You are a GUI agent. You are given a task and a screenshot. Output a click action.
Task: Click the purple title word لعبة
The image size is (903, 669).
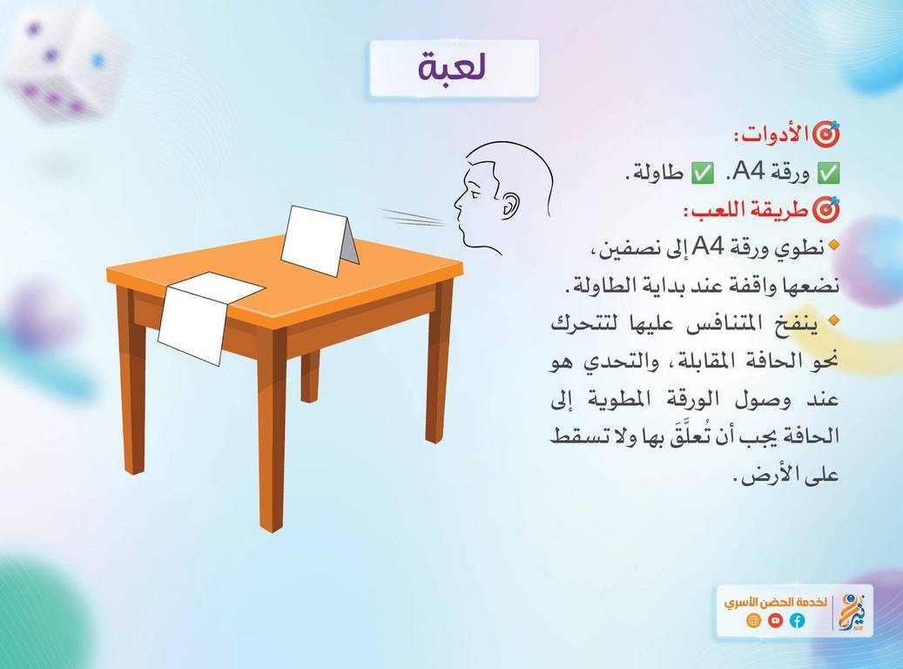453,67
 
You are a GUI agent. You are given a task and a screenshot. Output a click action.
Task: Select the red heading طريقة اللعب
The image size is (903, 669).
746,211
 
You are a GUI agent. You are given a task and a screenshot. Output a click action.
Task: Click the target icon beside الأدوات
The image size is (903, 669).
826,133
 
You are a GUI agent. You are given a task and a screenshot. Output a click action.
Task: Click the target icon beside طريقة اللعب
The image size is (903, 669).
826,211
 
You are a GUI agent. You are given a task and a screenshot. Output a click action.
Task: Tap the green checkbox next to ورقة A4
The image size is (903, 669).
829,172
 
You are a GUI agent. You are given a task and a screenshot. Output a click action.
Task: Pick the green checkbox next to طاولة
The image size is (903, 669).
702,172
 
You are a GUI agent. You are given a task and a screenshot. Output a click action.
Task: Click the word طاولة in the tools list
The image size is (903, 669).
657,172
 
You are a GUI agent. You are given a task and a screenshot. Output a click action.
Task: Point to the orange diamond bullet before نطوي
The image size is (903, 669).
832,246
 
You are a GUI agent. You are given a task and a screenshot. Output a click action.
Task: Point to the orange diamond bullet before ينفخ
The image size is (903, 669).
832,320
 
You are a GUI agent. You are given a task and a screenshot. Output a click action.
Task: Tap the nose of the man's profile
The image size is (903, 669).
458,201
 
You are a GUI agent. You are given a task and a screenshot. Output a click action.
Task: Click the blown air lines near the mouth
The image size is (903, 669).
412,217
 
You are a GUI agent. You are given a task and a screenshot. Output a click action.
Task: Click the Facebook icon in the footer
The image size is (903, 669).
798,620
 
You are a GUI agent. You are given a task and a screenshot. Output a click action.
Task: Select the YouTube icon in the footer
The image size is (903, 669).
776,620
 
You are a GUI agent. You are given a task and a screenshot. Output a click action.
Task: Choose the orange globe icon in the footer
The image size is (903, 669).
753,620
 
